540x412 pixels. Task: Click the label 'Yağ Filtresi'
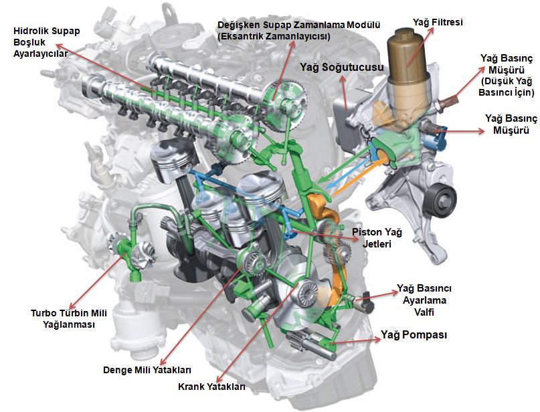click(438, 23)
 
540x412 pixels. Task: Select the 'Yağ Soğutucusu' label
click(342, 67)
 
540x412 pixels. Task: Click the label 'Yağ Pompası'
click(414, 335)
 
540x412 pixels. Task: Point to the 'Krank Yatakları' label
click(211, 387)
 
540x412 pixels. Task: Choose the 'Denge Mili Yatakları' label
click(147, 370)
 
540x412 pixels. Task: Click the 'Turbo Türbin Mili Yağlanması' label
click(69, 319)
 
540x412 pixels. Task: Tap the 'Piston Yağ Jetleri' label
click(377, 238)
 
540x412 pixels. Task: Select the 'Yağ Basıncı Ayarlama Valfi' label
click(424, 300)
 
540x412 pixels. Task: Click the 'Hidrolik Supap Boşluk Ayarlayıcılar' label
click(46, 42)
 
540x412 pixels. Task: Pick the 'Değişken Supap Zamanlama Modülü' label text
click(299, 25)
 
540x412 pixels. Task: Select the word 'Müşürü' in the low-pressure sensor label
click(507, 70)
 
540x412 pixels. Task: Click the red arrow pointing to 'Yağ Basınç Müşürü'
click(460, 131)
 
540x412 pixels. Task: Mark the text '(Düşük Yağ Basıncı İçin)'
click(507, 86)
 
